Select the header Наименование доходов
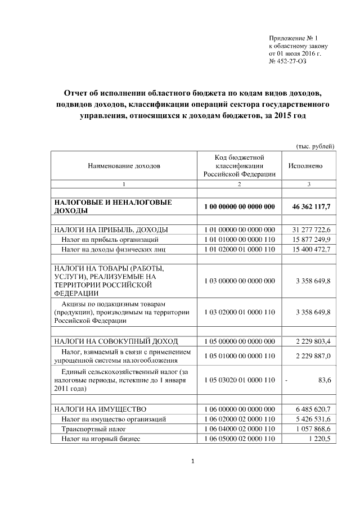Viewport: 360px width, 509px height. [x=124, y=166]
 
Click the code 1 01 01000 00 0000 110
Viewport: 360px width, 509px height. [x=239, y=239]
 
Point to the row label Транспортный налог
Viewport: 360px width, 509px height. [x=89, y=429]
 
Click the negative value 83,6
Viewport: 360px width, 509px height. [x=325, y=380]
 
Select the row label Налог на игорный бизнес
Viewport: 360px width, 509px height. [x=101, y=438]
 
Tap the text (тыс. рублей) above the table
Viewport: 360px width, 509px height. [x=316, y=146]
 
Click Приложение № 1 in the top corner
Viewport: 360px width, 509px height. [x=294, y=37]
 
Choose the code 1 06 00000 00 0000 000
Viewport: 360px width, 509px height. [x=239, y=409]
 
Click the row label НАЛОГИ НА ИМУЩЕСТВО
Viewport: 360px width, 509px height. [x=100, y=409]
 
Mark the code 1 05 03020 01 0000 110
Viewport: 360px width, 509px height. [x=239, y=380]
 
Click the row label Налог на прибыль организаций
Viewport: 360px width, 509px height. [x=106, y=239]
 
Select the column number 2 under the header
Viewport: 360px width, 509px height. [x=239, y=184]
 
